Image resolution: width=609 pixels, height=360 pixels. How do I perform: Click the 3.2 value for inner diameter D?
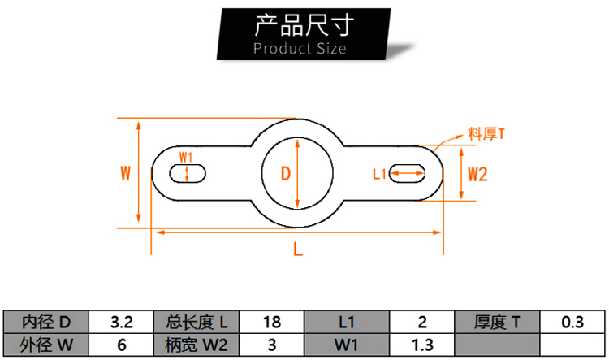click(x=121, y=322)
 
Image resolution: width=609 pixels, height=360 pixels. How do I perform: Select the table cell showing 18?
click(x=271, y=322)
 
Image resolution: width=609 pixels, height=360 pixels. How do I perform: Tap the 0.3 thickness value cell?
click(x=572, y=322)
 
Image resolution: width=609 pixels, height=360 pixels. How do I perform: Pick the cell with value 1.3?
click(x=421, y=345)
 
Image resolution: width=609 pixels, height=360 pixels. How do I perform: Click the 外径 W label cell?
click(x=46, y=345)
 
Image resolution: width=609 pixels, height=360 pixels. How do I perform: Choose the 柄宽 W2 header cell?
click(x=197, y=345)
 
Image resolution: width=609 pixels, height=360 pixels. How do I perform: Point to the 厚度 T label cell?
click(x=497, y=322)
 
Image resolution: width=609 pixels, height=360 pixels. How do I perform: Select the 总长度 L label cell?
click(x=197, y=322)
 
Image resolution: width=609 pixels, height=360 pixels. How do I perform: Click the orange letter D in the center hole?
click(x=286, y=173)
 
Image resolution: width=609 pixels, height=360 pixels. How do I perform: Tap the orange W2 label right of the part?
click(x=477, y=174)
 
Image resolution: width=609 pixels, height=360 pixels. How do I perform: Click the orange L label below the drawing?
click(x=297, y=249)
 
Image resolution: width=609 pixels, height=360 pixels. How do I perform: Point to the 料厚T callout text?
click(x=486, y=134)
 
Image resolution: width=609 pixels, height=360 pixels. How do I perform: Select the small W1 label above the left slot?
click(x=186, y=158)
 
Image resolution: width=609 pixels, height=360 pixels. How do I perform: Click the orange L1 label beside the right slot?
click(x=379, y=174)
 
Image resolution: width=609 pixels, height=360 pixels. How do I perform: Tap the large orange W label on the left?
click(x=125, y=173)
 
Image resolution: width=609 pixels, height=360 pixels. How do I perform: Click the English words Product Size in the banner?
click(x=300, y=49)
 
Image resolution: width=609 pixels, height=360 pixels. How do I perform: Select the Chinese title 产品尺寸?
click(x=304, y=25)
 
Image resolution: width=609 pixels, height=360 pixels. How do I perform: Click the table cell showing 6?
click(x=121, y=345)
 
